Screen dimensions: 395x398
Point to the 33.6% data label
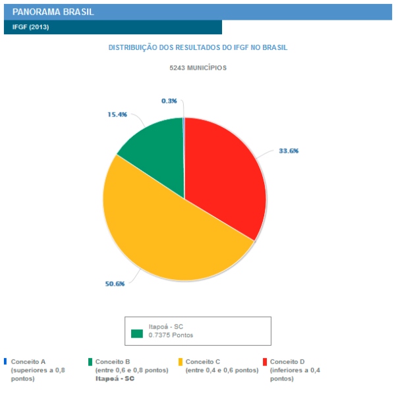[x=289, y=151]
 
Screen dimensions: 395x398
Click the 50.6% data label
[x=115, y=284]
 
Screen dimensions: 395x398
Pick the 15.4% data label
[x=117, y=114]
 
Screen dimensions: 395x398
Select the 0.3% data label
[x=169, y=101]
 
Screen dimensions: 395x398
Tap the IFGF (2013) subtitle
[x=30, y=27]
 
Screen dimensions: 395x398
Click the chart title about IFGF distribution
[x=198, y=48]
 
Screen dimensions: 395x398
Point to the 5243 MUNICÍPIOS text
[x=198, y=68]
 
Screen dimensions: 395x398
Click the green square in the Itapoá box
[x=136, y=333]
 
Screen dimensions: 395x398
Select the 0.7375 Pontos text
[x=171, y=335]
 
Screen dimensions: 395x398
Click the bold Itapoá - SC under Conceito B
[x=115, y=379]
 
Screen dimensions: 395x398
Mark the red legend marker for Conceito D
[x=265, y=361]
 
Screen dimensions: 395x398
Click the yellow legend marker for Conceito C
[x=181, y=361]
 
